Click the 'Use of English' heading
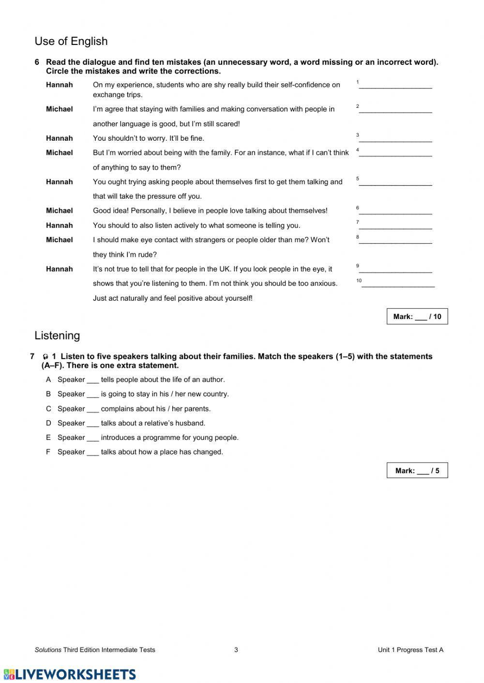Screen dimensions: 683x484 point(71,42)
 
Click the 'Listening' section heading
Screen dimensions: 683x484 point(57,335)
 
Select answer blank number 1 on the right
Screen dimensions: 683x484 point(395,86)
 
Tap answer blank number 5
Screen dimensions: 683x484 point(395,182)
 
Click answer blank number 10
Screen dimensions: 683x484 point(398,284)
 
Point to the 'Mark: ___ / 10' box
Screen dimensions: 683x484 point(417,317)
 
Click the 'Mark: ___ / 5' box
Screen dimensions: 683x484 point(417,470)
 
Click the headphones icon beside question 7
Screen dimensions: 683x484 point(45,357)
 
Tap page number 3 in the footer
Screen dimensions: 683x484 point(236,650)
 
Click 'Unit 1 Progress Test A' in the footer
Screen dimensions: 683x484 point(410,650)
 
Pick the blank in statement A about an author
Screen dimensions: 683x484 point(92,380)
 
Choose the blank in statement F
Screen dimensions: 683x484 point(92,452)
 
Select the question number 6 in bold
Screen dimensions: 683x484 point(37,62)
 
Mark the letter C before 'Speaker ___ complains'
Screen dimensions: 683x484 point(48,409)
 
